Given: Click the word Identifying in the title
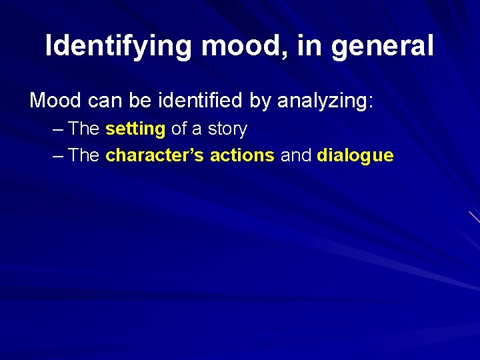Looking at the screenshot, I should [x=118, y=46].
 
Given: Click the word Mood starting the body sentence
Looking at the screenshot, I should [x=55, y=101].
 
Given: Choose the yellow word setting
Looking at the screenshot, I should [x=135, y=129].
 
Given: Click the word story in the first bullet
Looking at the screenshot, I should [x=227, y=129].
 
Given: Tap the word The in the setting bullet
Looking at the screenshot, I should [x=84, y=129].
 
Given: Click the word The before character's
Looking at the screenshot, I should [x=84, y=156].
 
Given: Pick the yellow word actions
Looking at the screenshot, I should [x=242, y=156].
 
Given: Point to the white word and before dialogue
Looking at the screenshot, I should [x=295, y=156].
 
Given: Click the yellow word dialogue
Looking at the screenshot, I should [x=355, y=156].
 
